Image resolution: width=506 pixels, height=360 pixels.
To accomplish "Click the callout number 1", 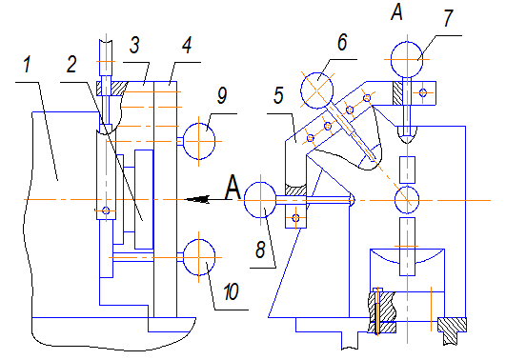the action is point(27,64).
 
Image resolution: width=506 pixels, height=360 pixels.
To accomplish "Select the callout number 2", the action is point(71,64).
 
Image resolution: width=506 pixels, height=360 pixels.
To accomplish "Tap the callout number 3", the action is point(135,45).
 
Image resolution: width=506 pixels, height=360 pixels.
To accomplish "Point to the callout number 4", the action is point(187,45).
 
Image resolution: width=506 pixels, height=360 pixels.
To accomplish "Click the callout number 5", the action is point(278,95).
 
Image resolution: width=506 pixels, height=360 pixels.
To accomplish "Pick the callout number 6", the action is point(342,42).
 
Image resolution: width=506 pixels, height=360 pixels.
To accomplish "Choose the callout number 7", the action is point(448,18).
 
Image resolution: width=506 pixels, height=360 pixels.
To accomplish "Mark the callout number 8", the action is point(260,250).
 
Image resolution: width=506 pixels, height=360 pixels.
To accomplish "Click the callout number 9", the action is point(222,95).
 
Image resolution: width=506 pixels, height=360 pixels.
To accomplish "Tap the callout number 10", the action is point(231,292).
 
